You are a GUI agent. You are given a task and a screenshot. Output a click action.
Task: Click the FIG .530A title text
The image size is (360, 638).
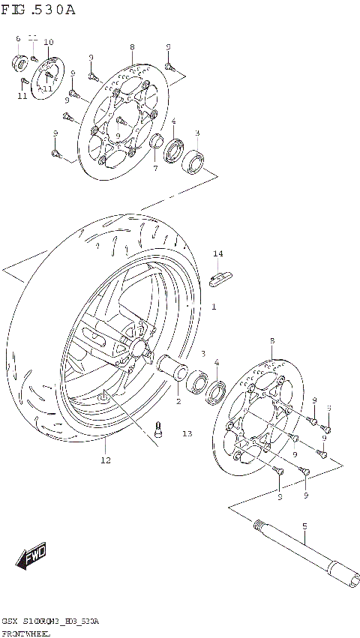coord(39,10)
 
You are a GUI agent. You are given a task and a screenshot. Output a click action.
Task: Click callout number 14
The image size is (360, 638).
coord(217,255)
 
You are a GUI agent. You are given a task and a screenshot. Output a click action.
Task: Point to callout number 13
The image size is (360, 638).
coord(187,433)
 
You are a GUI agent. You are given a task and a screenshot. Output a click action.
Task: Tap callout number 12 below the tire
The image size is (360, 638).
coord(106,459)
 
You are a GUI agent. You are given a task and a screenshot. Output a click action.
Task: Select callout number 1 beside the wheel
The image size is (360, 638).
coord(213,307)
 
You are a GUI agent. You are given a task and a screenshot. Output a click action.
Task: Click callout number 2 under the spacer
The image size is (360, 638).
coord(178,401)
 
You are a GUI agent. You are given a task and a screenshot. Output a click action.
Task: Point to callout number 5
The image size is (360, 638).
coord(304,526)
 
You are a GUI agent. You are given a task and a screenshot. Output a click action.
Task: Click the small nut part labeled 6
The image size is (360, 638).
coord(19,60)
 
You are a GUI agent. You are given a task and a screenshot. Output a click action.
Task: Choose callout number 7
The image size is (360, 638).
coord(155,168)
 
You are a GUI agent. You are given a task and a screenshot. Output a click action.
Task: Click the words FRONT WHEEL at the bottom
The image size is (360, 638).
coord(26,634)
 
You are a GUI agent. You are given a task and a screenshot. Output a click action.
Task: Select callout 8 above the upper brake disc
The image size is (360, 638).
coord(132,46)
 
